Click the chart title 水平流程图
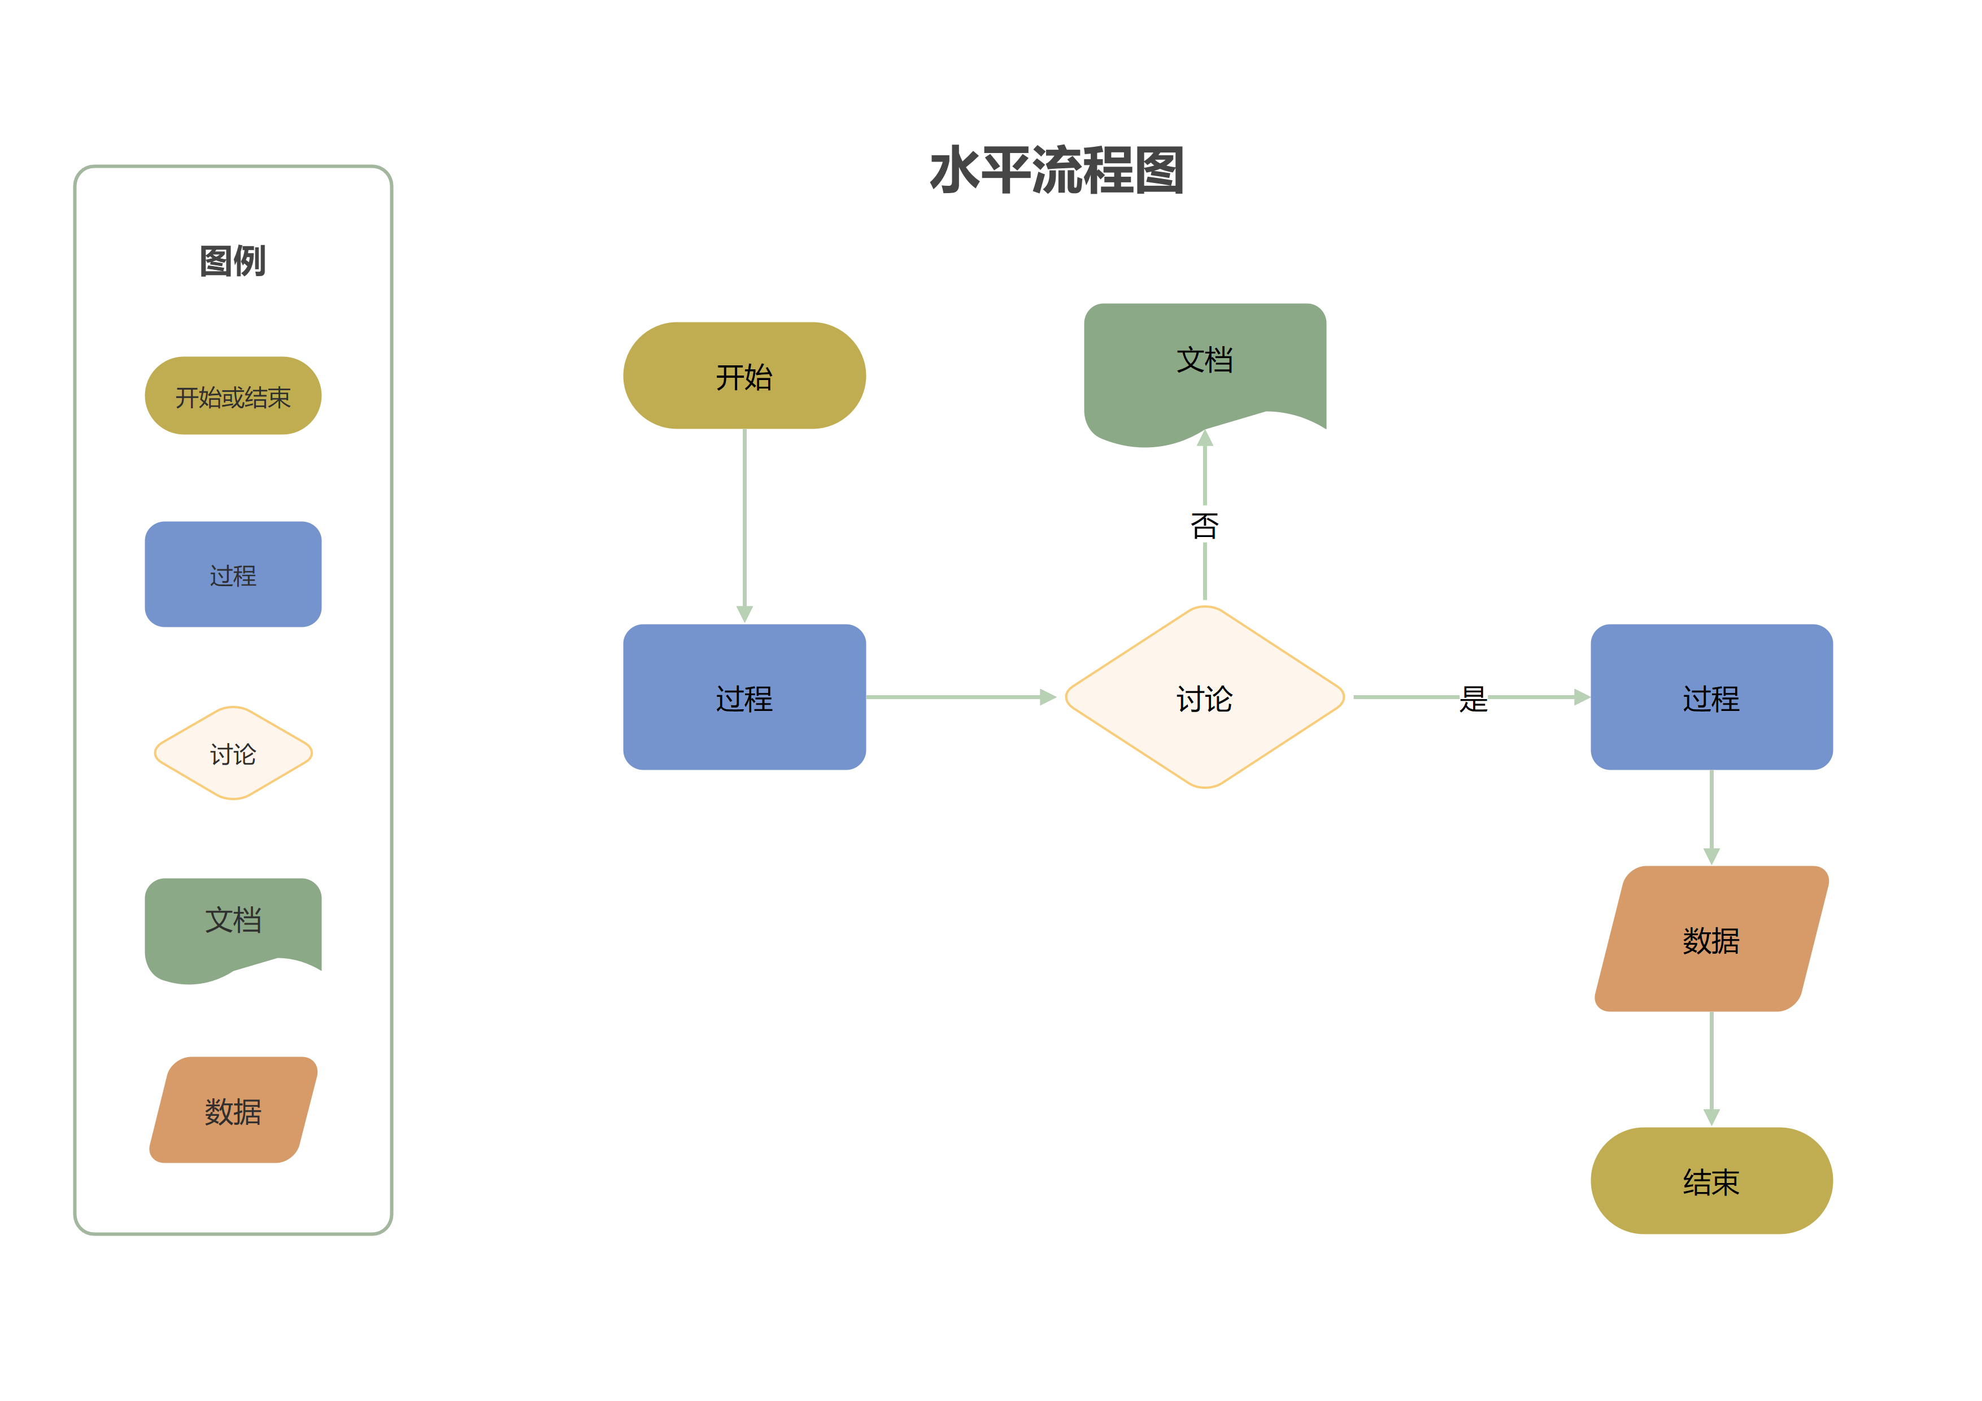click(x=1057, y=170)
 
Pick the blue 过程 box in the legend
click(x=233, y=574)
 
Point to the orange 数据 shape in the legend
click(x=233, y=1110)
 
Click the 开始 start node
click(x=744, y=376)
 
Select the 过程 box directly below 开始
click(x=744, y=697)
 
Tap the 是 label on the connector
click(x=1474, y=699)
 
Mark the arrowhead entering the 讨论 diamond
click(x=1048, y=697)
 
